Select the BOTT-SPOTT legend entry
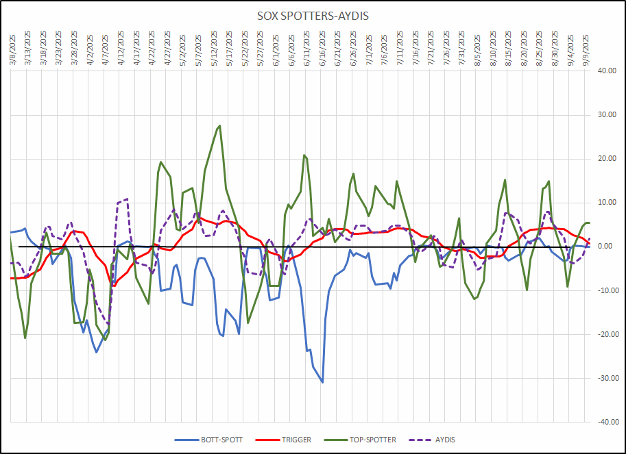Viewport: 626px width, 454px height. point(219,440)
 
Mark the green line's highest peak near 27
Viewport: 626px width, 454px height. point(219,125)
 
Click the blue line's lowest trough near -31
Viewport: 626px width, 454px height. point(322,382)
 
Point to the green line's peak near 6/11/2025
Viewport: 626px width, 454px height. point(304,155)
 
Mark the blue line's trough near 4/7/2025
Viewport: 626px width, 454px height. point(97,352)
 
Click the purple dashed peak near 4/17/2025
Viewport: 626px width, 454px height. point(127,199)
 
